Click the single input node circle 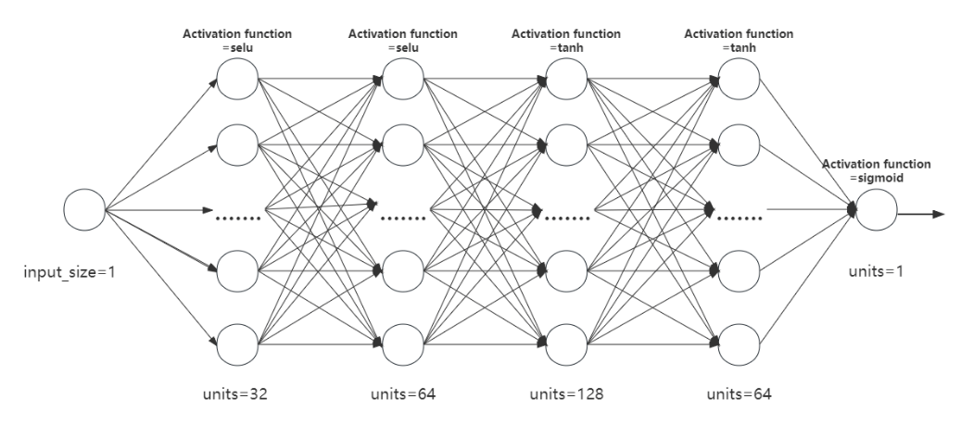pos(85,210)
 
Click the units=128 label pos(566,393)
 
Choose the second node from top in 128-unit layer pos(566,144)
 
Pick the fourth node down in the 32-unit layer pos(238,275)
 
